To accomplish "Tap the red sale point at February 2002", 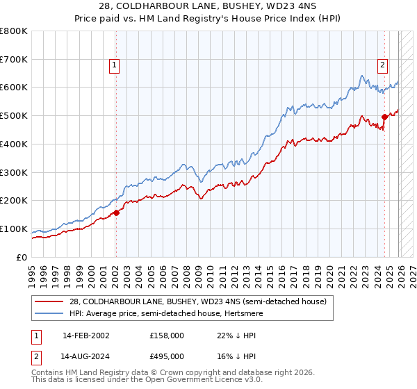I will coord(115,213).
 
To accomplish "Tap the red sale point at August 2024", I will coord(384,117).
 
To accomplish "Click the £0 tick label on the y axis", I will coord(22,257).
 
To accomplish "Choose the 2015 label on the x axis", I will coord(270,271).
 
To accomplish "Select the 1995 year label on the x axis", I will coord(32,271).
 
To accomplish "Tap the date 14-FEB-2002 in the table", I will coord(85,335).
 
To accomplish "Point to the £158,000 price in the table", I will coord(167,335).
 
